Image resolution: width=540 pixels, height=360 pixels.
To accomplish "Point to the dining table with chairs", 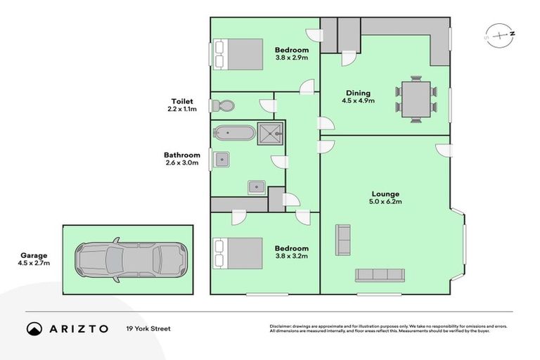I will [x=416, y=98].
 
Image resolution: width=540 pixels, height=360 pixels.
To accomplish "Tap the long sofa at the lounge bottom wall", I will [x=379, y=275].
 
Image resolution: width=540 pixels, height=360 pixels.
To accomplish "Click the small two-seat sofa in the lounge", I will [x=343, y=240].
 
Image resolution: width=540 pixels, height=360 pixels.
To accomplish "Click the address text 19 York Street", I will [x=148, y=328].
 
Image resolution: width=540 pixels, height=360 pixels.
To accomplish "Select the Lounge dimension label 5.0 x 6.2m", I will [x=386, y=202].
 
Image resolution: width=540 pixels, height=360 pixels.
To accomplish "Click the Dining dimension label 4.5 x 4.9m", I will [x=358, y=101].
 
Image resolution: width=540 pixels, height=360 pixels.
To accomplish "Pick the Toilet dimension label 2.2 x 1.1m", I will [x=181, y=109].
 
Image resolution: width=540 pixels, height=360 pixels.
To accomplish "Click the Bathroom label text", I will [x=181, y=155].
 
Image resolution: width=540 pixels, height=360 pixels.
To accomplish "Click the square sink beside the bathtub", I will [x=222, y=159].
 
